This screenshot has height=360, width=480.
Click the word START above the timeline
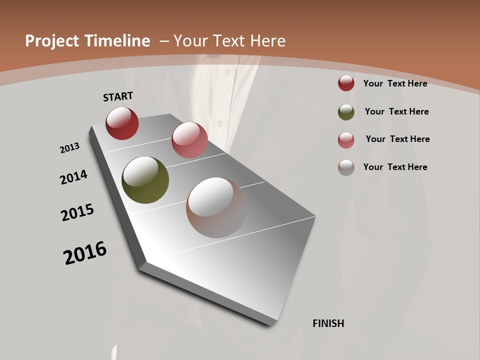(x=118, y=96)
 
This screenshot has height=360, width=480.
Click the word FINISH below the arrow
(x=328, y=323)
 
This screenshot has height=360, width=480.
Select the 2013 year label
(x=69, y=148)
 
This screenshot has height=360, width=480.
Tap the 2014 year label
(x=73, y=177)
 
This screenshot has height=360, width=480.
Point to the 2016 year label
(x=85, y=253)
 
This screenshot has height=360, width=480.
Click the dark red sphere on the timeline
(x=122, y=123)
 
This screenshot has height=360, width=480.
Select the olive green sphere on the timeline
(x=145, y=180)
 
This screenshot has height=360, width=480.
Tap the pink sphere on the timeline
(x=189, y=140)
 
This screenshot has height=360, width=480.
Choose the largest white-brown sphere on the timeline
(x=216, y=207)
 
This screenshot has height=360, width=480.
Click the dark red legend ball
(x=346, y=83)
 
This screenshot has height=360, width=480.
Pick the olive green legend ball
(x=346, y=112)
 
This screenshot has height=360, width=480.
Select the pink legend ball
(x=346, y=140)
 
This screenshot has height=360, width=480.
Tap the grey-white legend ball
(x=346, y=167)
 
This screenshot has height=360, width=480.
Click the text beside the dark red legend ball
(x=395, y=83)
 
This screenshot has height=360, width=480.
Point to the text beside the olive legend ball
(x=396, y=111)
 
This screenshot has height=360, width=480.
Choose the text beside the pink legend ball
(x=397, y=139)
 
